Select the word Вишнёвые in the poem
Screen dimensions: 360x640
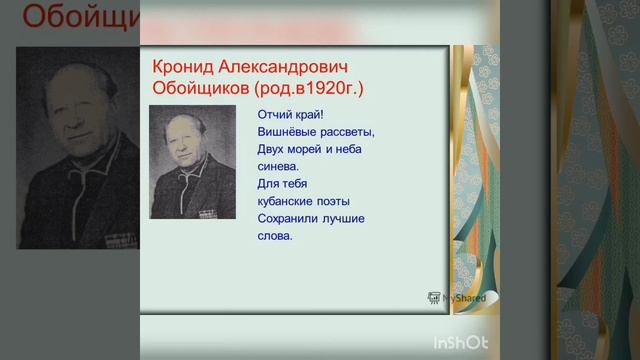coord(285,131)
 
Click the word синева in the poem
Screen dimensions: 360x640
coord(276,166)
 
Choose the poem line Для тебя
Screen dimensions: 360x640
coord(282,184)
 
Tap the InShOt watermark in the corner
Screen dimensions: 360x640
coord(460,342)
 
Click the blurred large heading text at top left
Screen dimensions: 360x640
coord(70,18)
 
